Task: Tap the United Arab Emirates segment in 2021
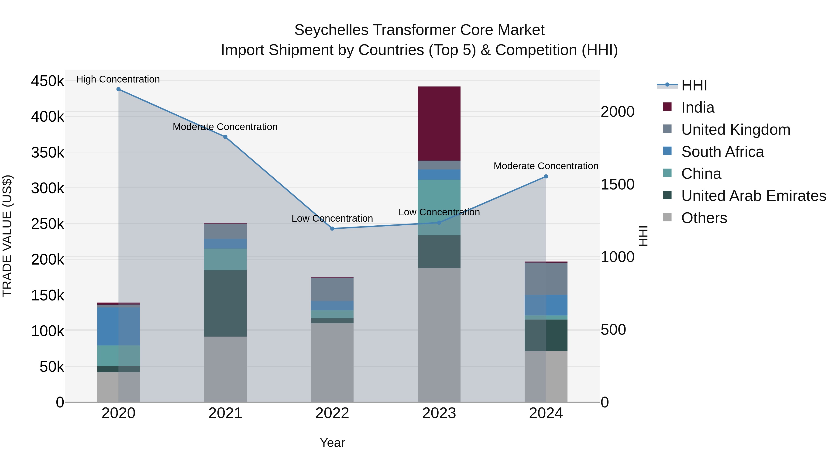click(225, 303)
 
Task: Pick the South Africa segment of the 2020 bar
click(118, 326)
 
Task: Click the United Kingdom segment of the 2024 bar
click(546, 279)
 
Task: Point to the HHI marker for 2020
click(118, 89)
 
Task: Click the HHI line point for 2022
click(332, 229)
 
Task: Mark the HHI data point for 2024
click(546, 176)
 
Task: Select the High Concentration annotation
click(118, 79)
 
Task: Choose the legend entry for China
click(701, 174)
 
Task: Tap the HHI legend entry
click(694, 85)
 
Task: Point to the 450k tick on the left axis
click(48, 81)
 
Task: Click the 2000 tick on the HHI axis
click(617, 112)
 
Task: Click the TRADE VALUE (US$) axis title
click(7, 236)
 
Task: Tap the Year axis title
click(332, 443)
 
